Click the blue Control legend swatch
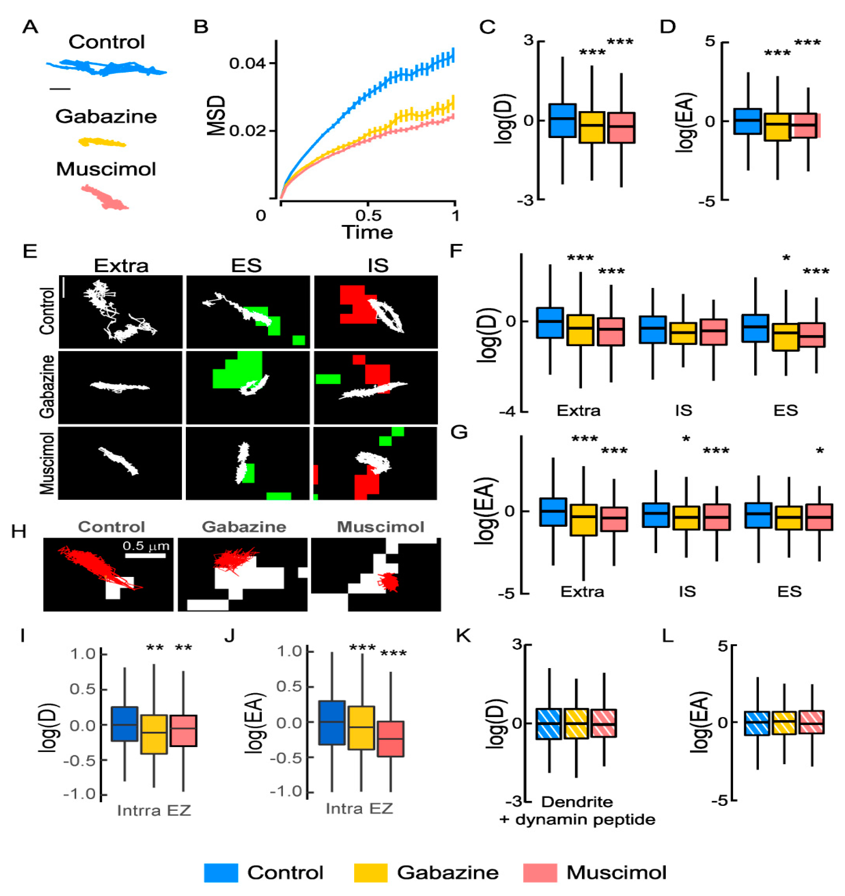[x=221, y=872]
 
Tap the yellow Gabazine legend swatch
[x=371, y=872]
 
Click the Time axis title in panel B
[x=367, y=233]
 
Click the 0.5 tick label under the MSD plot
[x=368, y=215]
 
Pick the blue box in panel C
[x=562, y=120]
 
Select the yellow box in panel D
[x=777, y=127]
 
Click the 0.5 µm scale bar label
[x=146, y=546]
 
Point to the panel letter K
[x=463, y=635]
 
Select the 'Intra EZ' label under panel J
[x=359, y=808]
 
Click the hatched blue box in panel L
[x=757, y=723]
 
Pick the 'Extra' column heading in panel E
[x=121, y=266]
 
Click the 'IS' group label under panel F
[x=683, y=410]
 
